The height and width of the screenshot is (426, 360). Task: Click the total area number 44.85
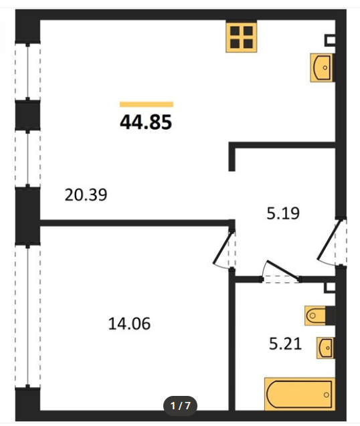point(146,122)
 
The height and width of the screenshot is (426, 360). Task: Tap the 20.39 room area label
point(86,195)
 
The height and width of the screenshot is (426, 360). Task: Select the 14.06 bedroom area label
point(129,324)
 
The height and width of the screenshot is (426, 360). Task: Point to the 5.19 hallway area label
point(283,213)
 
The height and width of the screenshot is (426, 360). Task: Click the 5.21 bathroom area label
point(286,344)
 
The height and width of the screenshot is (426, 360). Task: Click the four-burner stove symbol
point(242,37)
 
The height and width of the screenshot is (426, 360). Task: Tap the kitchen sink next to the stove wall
point(322,68)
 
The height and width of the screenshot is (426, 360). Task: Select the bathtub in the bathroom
point(299,394)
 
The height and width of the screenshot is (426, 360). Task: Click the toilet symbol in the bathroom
point(315,316)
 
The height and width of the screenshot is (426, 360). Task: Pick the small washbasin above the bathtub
point(325,348)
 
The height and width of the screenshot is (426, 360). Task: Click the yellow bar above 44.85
point(147,104)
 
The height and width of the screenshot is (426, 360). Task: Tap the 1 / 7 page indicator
point(180,406)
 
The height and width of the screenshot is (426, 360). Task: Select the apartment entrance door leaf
point(329,239)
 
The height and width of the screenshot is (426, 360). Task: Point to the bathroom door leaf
point(283,270)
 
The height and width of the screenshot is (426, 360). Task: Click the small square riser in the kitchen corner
point(330,40)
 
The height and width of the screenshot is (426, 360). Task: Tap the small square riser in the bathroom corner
point(330,288)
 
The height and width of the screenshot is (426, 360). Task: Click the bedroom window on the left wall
point(27,316)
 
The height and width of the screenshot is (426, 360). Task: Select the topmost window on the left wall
point(27,71)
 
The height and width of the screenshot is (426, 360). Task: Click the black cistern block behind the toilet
point(330,316)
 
